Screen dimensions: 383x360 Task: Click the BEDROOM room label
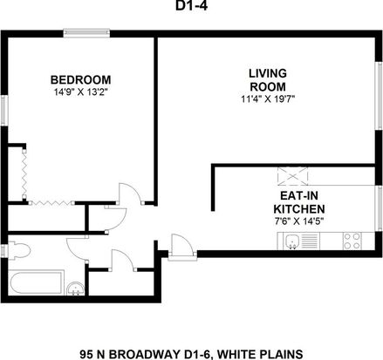tap(80, 80)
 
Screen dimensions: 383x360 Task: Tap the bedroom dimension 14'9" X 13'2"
tap(81, 92)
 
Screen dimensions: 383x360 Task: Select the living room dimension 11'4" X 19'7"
tap(268, 99)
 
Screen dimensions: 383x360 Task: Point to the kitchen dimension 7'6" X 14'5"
tap(299, 221)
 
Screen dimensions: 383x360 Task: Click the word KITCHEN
tap(299, 209)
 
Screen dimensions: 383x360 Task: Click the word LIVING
tap(268, 73)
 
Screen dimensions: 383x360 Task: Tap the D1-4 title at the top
tap(191, 6)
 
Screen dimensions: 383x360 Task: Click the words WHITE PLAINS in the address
tap(260, 354)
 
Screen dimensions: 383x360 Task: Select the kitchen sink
tap(292, 241)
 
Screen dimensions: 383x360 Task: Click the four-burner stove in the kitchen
tap(352, 241)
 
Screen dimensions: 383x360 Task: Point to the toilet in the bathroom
tap(19, 250)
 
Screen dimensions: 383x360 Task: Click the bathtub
tap(36, 283)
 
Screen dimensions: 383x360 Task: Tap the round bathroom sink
tap(75, 289)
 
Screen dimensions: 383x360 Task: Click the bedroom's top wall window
tap(86, 33)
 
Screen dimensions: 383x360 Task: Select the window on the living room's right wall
tap(379, 96)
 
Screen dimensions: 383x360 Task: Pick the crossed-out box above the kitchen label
tap(292, 176)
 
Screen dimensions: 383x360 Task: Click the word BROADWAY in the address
tap(147, 354)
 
